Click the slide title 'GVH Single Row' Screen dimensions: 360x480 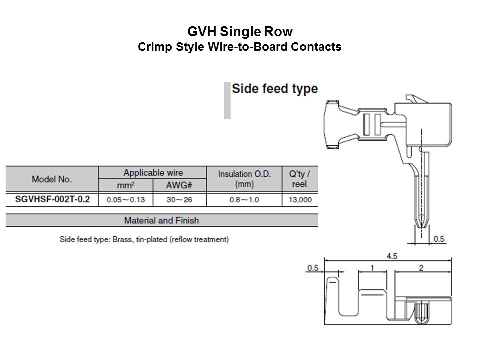tap(239, 32)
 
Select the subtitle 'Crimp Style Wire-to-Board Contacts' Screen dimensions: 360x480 tap(239, 47)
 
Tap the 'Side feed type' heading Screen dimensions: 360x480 tap(275, 89)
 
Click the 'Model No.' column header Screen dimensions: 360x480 tap(52, 179)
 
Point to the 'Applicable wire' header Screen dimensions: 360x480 tap(153, 173)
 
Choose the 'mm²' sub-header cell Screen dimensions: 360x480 tap(126, 185)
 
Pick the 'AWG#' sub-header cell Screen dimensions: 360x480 tap(179, 185)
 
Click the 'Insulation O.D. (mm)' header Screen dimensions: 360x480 tap(244, 179)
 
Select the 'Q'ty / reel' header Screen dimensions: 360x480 tap(300, 179)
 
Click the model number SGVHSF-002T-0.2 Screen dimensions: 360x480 tap(52, 199)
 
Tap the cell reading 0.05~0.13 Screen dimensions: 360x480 tap(126, 200)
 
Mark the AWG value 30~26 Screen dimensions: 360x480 tap(179, 200)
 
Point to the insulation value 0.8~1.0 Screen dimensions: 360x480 tap(244, 200)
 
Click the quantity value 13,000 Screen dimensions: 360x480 tap(300, 200)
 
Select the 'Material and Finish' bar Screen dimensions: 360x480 tap(161, 220)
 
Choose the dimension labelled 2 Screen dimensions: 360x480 tap(421, 268)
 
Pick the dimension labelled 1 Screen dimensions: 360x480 tap(372, 268)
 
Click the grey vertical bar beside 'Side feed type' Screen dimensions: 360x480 tap(227, 100)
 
